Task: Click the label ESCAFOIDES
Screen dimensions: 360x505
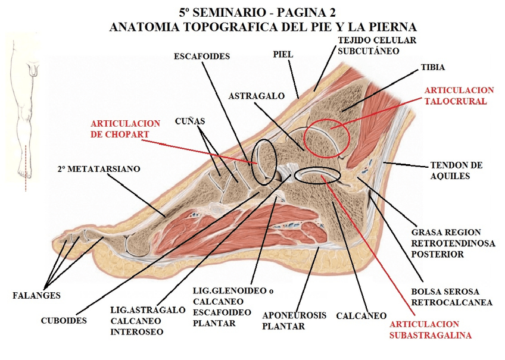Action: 202,57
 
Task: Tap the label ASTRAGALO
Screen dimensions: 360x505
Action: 254,95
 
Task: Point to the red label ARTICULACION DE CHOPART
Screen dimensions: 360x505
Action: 125,129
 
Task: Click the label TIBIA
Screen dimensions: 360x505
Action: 432,67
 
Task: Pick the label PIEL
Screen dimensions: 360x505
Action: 283,54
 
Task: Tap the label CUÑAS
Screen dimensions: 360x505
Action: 191,121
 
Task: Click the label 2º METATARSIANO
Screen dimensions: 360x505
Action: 99,169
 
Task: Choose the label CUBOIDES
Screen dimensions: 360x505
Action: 64,320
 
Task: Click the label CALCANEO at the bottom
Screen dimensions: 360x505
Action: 361,316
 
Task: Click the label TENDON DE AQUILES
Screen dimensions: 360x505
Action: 456,170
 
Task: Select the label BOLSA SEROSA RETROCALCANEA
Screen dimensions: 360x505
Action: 452,297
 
